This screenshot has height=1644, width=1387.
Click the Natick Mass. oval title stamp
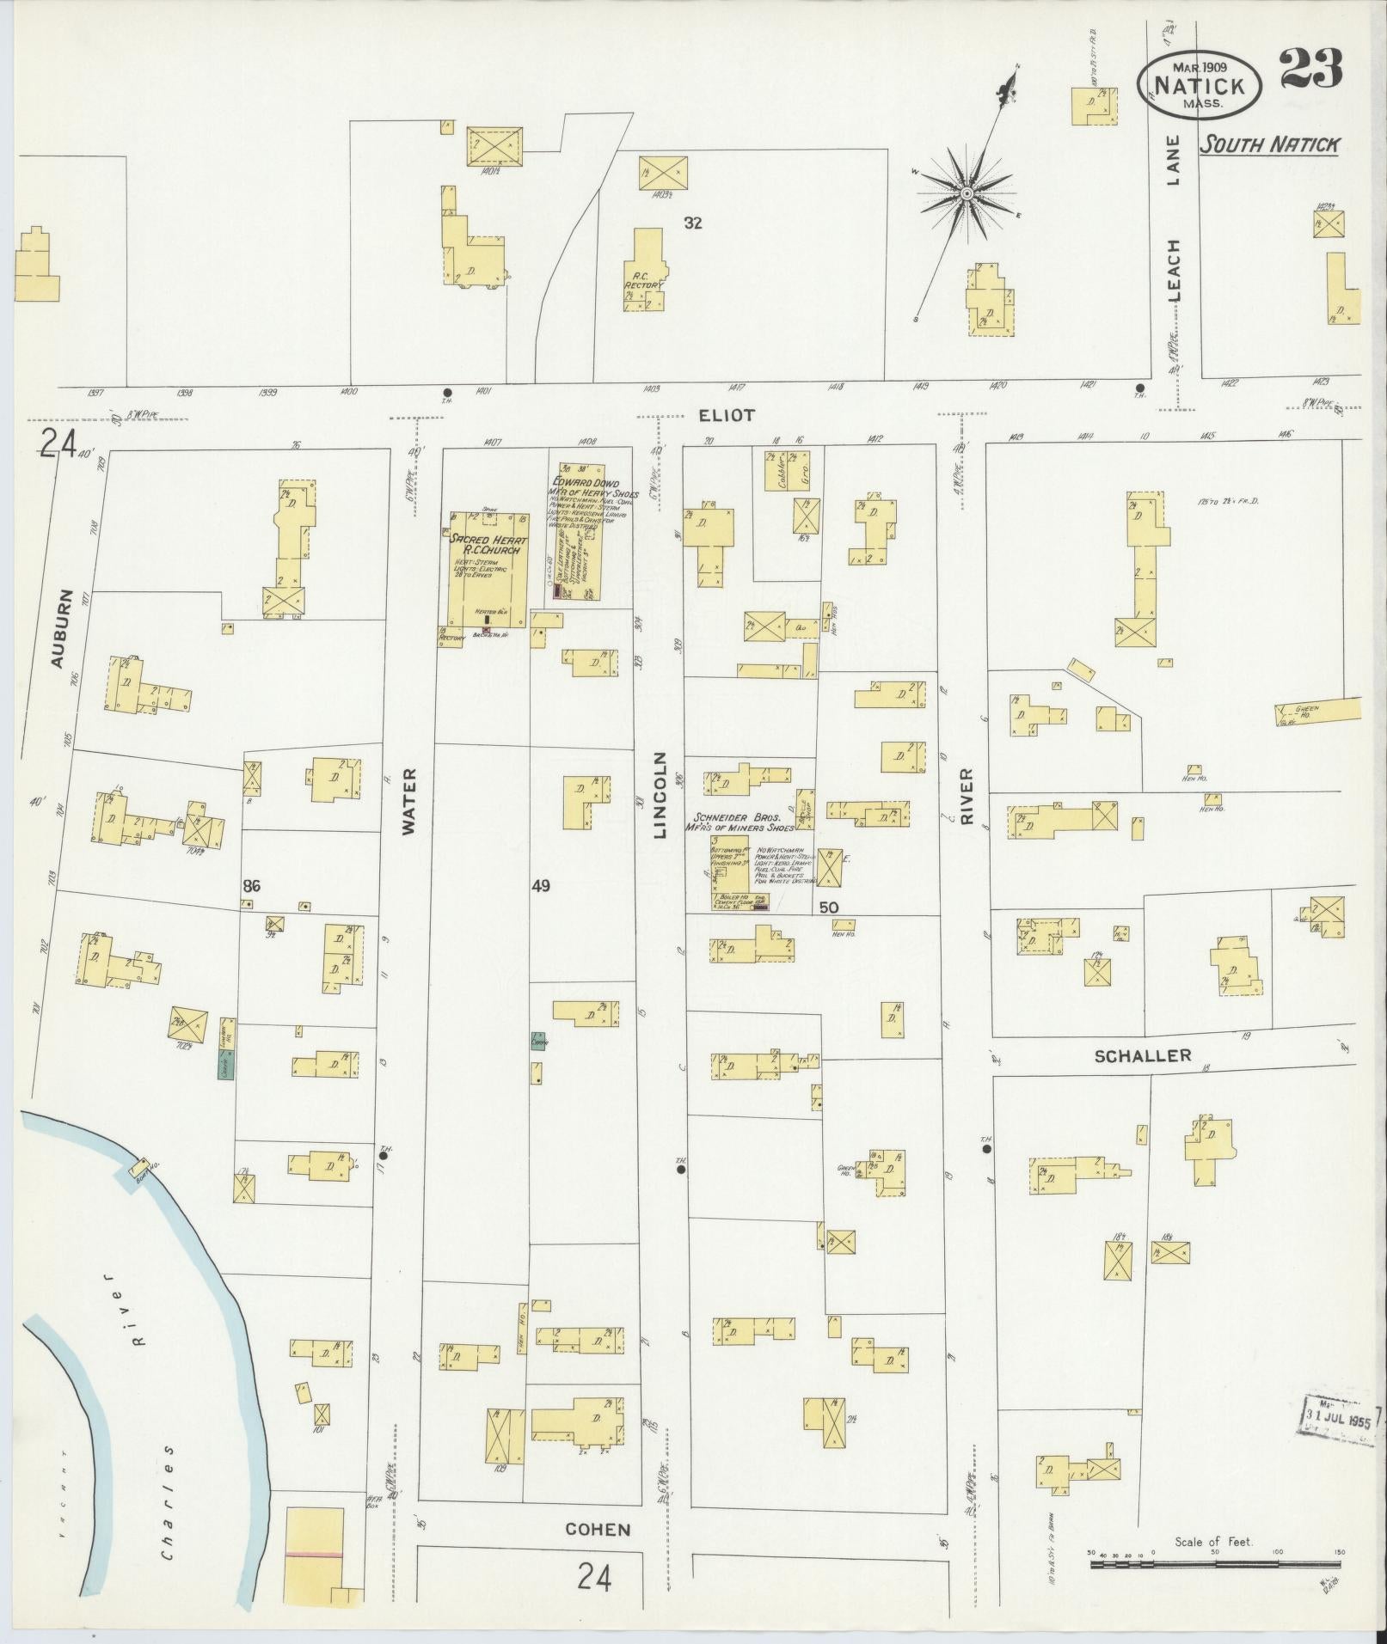[1200, 86]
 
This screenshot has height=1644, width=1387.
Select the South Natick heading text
[1269, 144]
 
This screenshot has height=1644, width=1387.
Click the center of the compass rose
[967, 193]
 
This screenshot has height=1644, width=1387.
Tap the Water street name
[408, 801]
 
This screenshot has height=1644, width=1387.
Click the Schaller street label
[1142, 1055]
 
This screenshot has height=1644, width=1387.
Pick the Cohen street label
[598, 1529]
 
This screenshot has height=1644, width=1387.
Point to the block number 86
[251, 886]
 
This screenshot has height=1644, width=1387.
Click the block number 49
[540, 885]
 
